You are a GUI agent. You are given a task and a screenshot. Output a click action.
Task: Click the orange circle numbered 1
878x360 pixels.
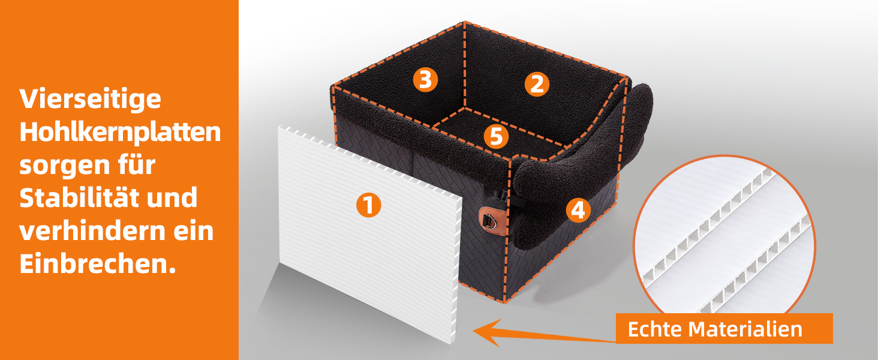368,205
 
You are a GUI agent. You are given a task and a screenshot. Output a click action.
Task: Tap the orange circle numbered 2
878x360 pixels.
537,85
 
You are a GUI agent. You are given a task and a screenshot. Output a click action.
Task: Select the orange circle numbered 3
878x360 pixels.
425,80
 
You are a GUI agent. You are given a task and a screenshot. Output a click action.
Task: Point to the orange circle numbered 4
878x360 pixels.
578,210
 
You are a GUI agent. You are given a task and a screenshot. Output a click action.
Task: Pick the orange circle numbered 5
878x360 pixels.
496,136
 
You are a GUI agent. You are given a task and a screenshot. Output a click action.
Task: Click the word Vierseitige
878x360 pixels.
91,100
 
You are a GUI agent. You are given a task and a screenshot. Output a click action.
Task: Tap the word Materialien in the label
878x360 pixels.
745,329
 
